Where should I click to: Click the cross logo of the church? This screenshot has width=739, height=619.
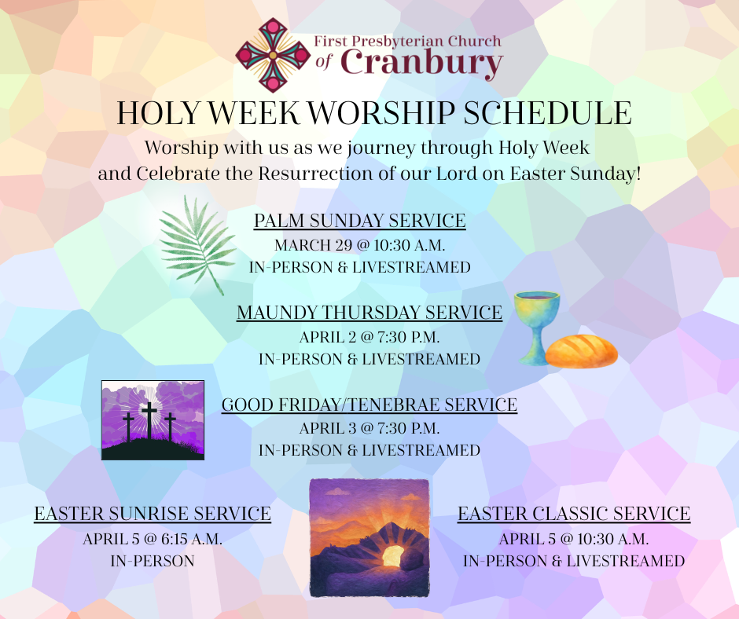pos(273,55)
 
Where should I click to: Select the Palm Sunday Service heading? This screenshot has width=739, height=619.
pos(359,221)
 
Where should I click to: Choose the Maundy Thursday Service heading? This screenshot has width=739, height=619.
pos(369,313)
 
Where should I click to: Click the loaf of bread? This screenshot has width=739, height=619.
pos(582,351)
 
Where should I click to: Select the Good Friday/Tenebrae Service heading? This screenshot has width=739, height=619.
pos(369,405)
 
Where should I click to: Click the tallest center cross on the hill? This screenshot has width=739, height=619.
pos(149,420)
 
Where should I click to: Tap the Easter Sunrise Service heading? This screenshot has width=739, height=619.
pos(153,514)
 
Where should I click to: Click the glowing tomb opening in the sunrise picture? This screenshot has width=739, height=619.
pos(392,556)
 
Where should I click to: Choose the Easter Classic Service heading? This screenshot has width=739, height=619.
pos(574,514)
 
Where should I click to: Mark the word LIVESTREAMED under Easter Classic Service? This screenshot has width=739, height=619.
pos(626,561)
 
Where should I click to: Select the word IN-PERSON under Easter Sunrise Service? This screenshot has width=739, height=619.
pos(153,561)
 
